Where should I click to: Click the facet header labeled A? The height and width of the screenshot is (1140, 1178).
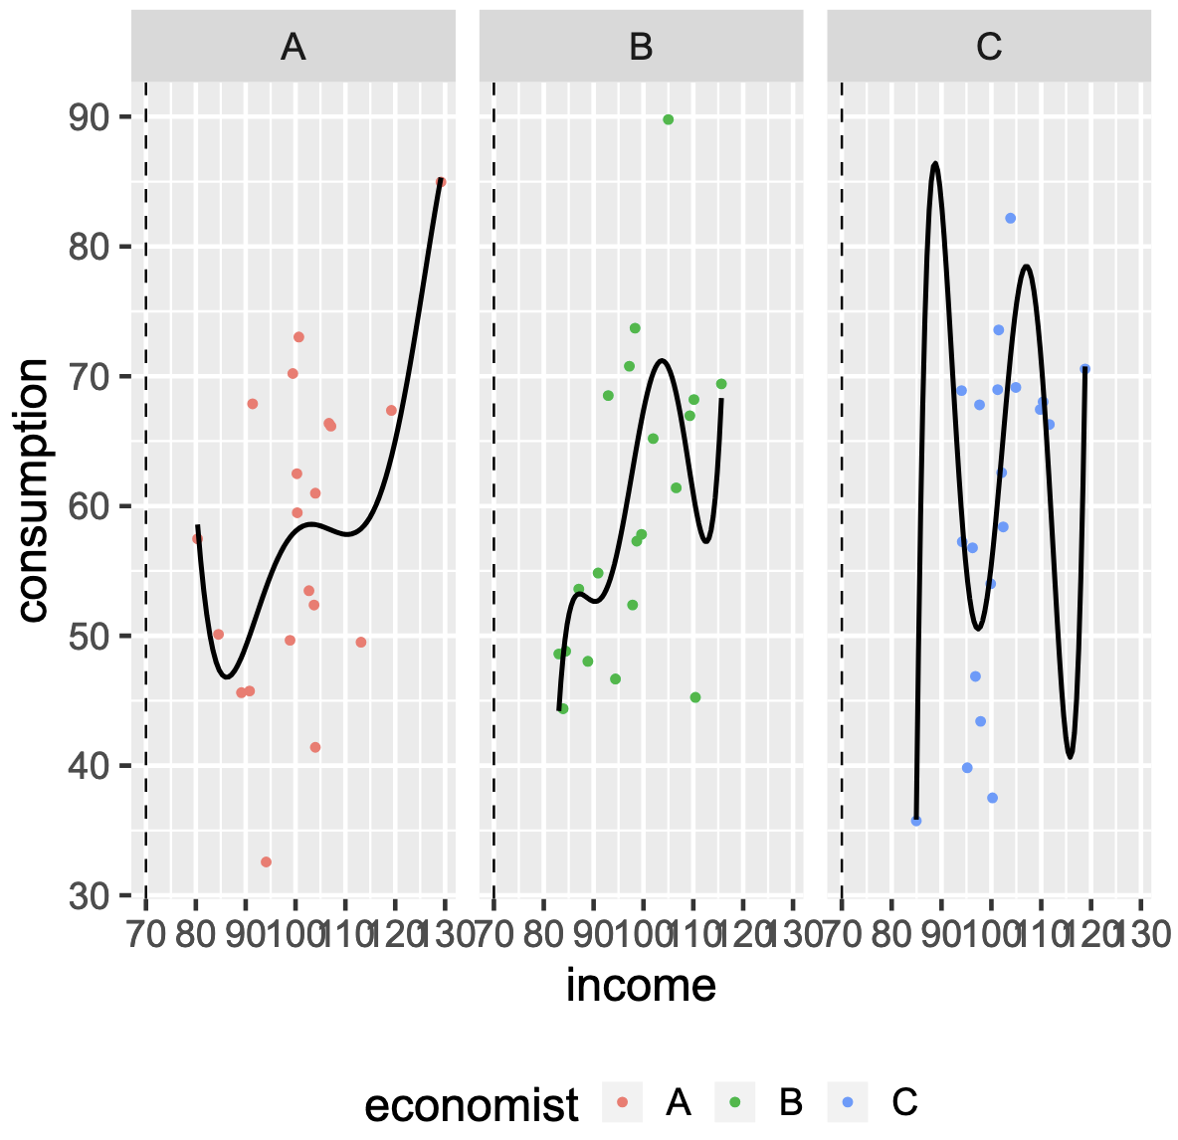293,47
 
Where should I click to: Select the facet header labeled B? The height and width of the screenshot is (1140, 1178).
641,47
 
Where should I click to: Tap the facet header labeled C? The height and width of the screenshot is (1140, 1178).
989,47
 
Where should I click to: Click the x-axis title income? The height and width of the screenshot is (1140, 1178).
641,985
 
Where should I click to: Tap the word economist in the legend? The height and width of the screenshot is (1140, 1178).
472,1104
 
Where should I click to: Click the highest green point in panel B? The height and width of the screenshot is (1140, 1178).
668,119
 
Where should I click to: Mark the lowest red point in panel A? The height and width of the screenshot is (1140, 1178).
266,862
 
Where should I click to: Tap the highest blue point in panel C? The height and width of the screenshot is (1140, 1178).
1010,218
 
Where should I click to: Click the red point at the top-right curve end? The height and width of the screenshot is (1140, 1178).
441,182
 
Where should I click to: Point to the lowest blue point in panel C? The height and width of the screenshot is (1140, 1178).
916,821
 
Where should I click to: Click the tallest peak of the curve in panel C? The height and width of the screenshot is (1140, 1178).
934,163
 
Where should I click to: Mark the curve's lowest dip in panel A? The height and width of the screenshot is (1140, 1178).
227,676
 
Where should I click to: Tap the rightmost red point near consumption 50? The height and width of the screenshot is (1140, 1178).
361,643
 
